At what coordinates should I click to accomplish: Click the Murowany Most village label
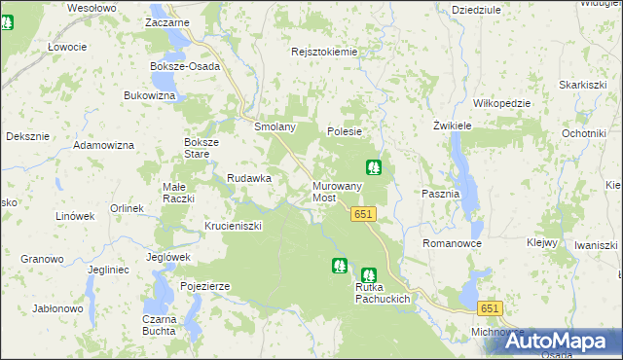(x=337, y=192)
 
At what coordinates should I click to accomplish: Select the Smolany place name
(x=275, y=127)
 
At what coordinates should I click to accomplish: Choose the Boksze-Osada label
(x=185, y=67)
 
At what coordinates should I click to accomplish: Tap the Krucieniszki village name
(x=234, y=226)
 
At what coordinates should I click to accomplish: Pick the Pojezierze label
(x=204, y=286)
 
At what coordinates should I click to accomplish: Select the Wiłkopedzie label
(x=500, y=103)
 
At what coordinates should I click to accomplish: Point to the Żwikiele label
(x=452, y=126)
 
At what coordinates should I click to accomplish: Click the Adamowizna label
(x=103, y=145)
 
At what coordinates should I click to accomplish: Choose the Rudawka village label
(x=248, y=178)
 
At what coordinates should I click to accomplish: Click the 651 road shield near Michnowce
(x=490, y=308)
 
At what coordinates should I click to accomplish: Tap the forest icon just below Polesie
(x=373, y=167)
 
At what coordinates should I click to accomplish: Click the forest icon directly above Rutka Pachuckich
(x=368, y=275)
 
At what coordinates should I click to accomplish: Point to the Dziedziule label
(x=477, y=9)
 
